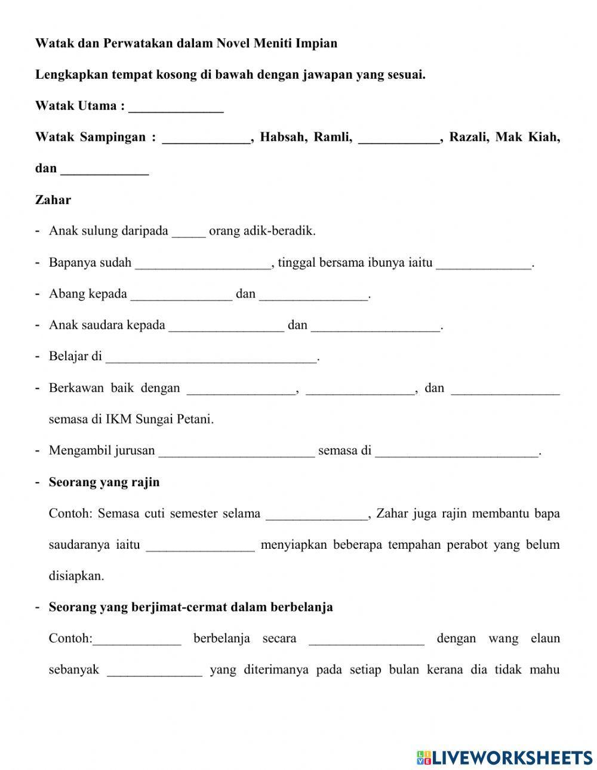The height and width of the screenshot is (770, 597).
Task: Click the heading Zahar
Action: coord(53,200)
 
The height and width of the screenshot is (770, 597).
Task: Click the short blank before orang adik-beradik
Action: coord(189,233)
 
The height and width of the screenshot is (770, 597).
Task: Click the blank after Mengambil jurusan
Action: coord(236,452)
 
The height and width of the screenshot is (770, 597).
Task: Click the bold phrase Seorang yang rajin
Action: coord(104,482)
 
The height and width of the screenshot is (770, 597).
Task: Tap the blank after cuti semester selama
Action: coord(316,515)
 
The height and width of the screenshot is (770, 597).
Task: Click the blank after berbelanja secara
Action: coord(367,640)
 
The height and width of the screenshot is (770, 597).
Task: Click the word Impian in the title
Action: coord(316,44)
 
